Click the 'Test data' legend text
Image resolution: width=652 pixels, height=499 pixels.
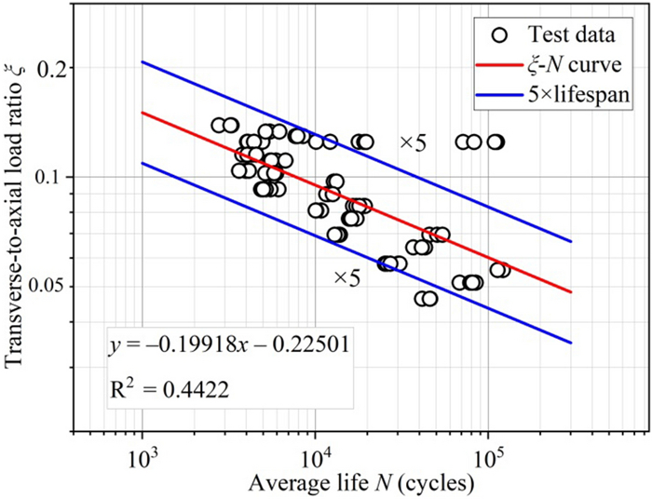[x=571, y=35]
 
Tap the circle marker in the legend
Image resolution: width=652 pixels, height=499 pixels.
[x=501, y=35]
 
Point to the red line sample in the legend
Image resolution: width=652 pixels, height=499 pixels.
[x=501, y=65]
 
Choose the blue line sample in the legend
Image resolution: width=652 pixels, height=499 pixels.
[x=501, y=95]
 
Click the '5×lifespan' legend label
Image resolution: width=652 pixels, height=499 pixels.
[x=572, y=95]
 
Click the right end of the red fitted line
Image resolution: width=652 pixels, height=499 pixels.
[x=570, y=292]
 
